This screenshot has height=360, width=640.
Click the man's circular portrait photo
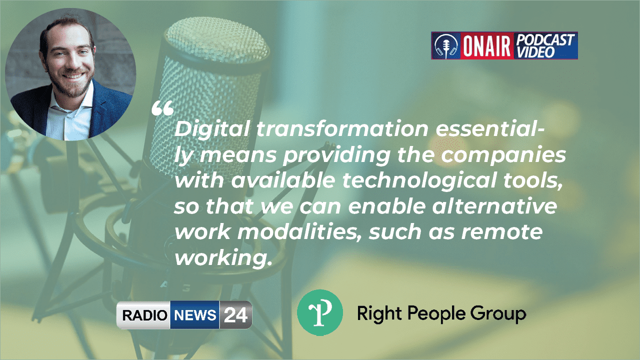(x=70, y=75)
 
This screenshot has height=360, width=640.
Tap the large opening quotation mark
(x=162, y=108)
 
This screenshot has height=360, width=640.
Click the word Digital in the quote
(x=210, y=130)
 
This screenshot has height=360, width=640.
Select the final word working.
(x=220, y=258)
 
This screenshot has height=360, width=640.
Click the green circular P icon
(x=319, y=312)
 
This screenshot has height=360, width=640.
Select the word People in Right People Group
(x=436, y=314)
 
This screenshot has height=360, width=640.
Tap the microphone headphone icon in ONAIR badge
(x=445, y=46)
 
